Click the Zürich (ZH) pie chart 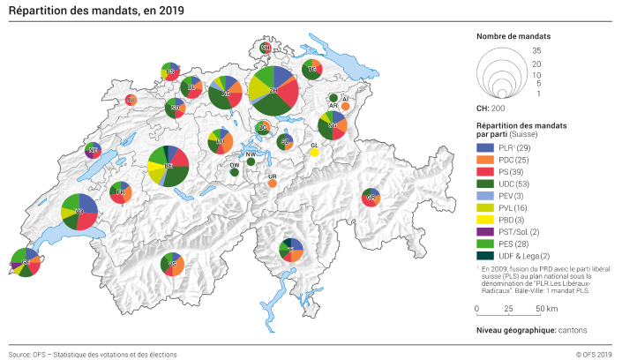274,90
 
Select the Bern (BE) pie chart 168,165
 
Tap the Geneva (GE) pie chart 26,263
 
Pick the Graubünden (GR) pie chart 371,199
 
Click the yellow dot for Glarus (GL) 314,152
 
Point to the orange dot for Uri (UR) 272,184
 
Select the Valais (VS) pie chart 173,264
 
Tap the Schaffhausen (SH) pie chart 266,48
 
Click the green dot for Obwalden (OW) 234,173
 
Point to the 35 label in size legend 536,52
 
